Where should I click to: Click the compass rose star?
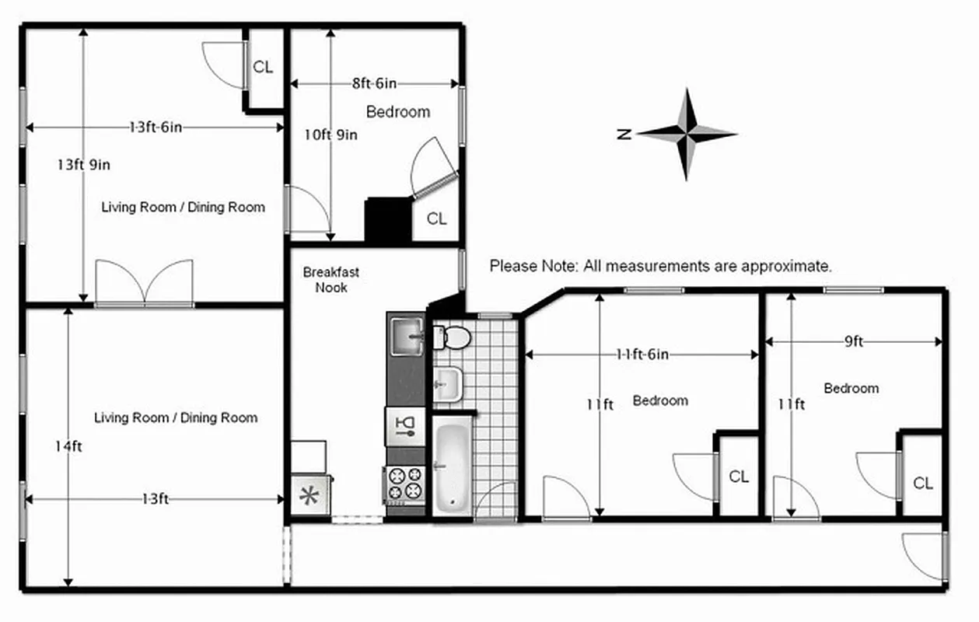[x=687, y=134]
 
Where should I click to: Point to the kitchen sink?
[x=405, y=335]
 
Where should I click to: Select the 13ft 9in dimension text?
[x=83, y=164]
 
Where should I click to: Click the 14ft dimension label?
[x=68, y=446]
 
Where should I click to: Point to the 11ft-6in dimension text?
[x=642, y=355]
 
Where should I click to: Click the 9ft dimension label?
[x=853, y=341]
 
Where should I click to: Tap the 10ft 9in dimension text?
[x=330, y=135]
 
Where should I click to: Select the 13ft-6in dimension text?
[x=156, y=127]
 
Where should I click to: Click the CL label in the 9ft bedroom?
[x=923, y=484]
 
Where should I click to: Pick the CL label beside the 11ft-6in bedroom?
[x=739, y=477]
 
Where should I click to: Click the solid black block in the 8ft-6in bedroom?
[x=387, y=219]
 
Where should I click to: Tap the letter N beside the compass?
[x=624, y=134]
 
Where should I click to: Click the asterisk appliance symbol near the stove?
[x=309, y=497]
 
